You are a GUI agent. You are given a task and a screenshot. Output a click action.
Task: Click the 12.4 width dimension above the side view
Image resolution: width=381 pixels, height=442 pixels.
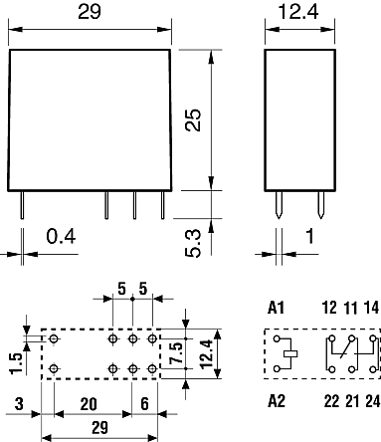coord(298,11)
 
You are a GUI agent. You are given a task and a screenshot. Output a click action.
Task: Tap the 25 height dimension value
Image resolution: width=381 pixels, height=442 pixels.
coord(193,120)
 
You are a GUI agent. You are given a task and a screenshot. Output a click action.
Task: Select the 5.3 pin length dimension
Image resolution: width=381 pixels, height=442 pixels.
coord(193,243)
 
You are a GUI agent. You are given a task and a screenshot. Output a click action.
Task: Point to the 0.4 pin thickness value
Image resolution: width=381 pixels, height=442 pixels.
coord(61,237)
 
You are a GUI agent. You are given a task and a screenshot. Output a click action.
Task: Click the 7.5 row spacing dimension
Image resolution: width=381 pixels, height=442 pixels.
coord(175,352)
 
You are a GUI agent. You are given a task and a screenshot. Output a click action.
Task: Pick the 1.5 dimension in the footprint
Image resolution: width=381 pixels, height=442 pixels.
coord(16,363)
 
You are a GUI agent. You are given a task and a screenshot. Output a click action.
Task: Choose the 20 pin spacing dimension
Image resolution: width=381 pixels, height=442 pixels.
coord(89,404)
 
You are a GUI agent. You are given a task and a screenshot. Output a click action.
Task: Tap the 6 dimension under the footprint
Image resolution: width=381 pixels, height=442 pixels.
coord(145,404)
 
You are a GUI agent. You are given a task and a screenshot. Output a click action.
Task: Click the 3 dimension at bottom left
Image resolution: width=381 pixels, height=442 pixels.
coord(19,404)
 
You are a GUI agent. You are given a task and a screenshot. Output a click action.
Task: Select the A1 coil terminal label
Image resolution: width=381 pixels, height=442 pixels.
coord(276,308)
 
